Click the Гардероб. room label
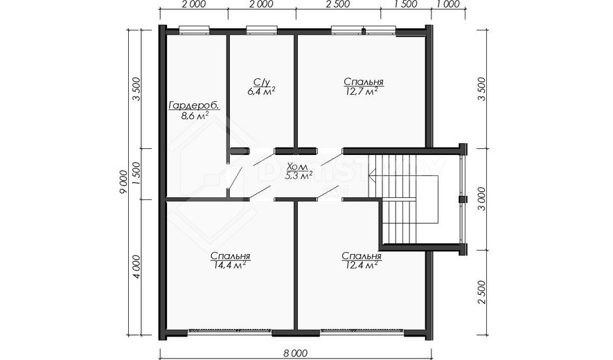193,106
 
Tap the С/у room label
261,82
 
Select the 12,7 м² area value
362,91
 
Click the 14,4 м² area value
230,265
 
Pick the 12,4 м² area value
362,265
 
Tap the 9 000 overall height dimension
124,181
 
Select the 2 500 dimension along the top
338,4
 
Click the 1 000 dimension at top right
447,4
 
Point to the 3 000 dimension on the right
481,199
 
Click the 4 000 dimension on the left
136,267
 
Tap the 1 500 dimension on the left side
136,174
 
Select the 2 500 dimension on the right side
481,292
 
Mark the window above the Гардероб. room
195,30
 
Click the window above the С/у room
262,30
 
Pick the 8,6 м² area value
195,116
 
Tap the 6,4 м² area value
261,91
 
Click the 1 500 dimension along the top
405,4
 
